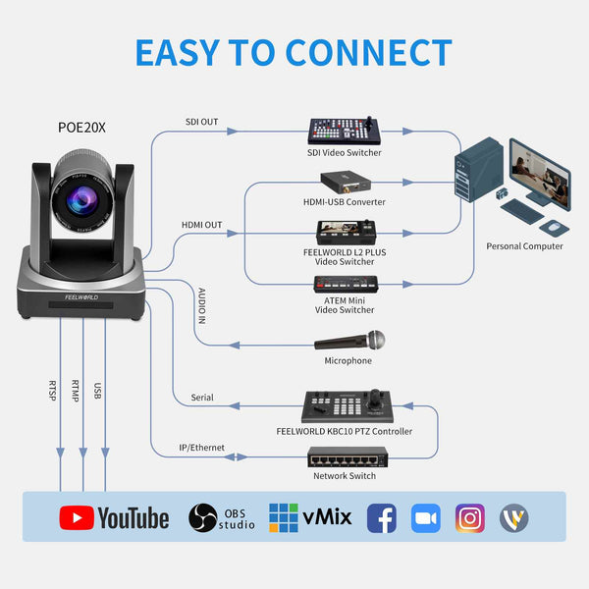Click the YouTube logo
(114, 518)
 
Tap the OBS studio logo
(222, 518)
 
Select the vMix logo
(309, 518)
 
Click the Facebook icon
(381, 518)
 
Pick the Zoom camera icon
(425, 518)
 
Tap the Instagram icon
(470, 518)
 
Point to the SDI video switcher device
(344, 132)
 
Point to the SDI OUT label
(201, 123)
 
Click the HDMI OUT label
(201, 225)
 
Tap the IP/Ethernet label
(200, 448)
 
